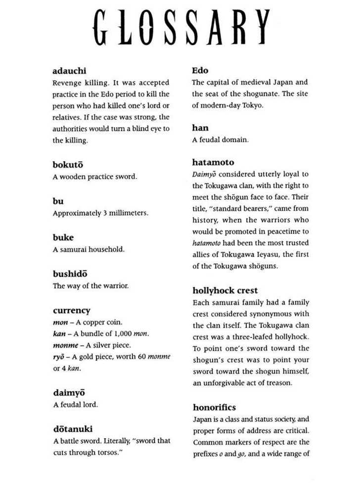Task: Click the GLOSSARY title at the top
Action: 181,27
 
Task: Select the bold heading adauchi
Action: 69,71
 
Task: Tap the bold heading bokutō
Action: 68,165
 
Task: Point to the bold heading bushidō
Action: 70,274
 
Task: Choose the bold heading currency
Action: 72,311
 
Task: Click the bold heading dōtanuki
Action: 73,429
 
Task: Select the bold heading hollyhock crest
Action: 225,290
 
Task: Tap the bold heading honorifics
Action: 214,408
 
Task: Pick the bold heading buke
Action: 63,237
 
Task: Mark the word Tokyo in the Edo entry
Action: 252,105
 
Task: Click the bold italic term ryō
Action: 59,357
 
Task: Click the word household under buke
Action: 106,249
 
